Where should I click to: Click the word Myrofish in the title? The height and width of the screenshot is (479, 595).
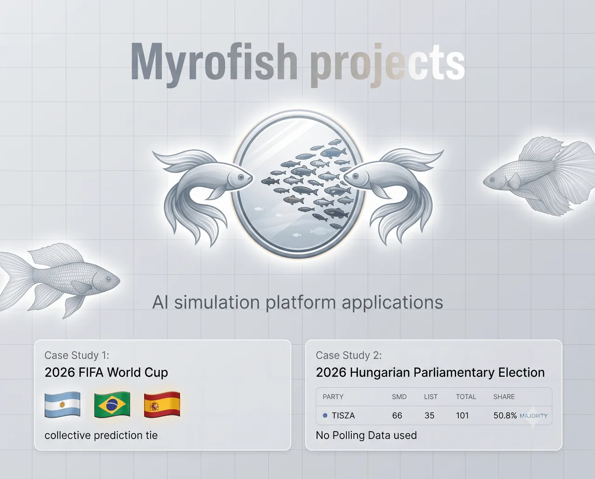coord(214,65)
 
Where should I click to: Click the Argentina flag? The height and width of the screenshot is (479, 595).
coord(62,404)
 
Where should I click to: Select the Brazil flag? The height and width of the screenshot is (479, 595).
coord(112,404)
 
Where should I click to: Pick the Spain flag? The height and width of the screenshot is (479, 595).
coord(162,404)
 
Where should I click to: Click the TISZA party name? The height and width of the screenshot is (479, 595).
coord(343,415)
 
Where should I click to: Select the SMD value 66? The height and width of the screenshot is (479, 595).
coord(397,415)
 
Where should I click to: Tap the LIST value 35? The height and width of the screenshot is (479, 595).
coord(430,415)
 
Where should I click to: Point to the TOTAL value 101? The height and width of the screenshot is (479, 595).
coord(462,415)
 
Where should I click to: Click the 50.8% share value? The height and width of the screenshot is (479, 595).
coord(505,415)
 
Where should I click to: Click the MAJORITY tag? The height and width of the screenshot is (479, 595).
coord(533,416)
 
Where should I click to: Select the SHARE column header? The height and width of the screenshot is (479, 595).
coord(504,397)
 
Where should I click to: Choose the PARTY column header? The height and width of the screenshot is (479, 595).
coord(333,397)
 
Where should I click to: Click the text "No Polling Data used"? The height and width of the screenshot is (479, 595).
coord(366,435)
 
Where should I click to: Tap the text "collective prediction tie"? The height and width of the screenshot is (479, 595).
coord(101,435)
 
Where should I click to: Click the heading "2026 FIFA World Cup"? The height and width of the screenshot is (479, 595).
coord(106,372)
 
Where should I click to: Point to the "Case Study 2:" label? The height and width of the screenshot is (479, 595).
coord(349,355)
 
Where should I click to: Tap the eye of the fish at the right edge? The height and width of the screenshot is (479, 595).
coord(492,180)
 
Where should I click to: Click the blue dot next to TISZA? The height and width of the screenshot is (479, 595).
coord(325,415)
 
